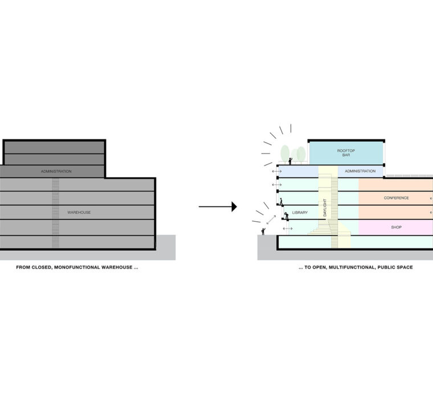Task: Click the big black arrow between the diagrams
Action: [218, 207]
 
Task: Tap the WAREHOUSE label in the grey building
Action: [79, 213]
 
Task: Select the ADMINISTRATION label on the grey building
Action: [56, 171]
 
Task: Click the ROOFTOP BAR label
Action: [346, 152]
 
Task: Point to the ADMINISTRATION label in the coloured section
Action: [360, 171]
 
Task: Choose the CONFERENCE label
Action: [396, 198]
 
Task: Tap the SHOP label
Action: [396, 227]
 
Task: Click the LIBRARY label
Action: [300, 213]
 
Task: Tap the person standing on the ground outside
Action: [263, 231]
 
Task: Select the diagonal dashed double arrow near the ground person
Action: [271, 219]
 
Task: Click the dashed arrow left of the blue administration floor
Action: [276, 171]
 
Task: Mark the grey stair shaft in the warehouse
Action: [55, 213]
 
